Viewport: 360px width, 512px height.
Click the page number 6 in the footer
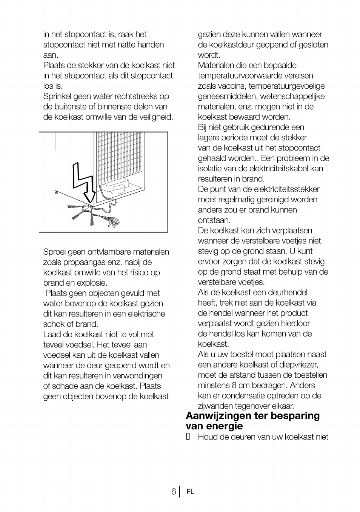click(x=173, y=492)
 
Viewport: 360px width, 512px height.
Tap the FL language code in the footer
click(x=190, y=492)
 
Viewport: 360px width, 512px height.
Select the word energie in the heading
click(x=226, y=426)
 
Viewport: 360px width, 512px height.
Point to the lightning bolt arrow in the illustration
click(x=84, y=181)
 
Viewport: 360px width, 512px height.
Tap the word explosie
click(x=92, y=283)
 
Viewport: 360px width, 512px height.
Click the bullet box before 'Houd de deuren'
click(x=188, y=437)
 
